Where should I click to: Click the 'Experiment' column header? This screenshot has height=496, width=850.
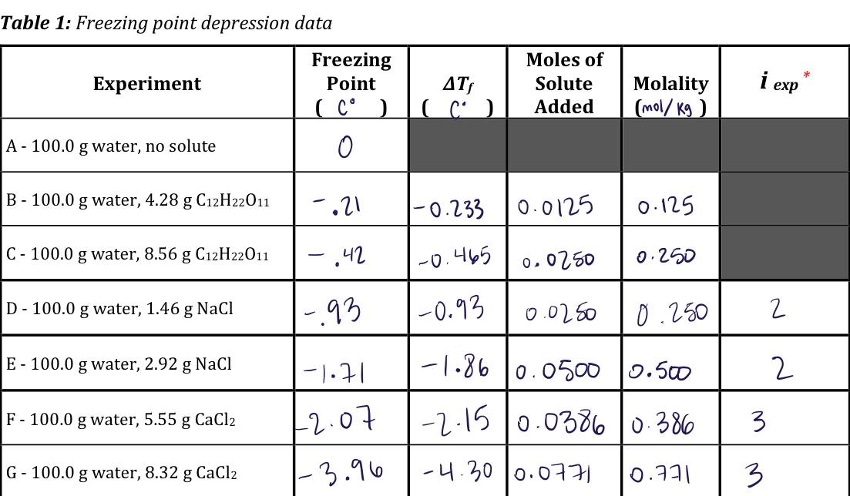tap(146, 84)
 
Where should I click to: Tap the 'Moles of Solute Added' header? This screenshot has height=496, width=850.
tap(564, 83)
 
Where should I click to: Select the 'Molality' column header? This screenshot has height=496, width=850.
tap(670, 84)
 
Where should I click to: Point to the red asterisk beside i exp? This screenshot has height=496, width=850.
tap(806, 75)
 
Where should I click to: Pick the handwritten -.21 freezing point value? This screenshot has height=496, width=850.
tap(338, 204)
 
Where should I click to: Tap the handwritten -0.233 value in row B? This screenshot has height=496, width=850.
tap(449, 208)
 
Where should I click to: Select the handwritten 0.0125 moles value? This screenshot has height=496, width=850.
tap(556, 206)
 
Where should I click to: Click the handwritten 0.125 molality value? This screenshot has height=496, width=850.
tap(666, 206)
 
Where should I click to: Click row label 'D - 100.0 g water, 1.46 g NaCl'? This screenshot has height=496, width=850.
tap(119, 309)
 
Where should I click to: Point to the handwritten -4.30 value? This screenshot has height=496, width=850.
tap(457, 471)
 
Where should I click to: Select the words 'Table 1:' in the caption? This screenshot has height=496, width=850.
tap(35, 23)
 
